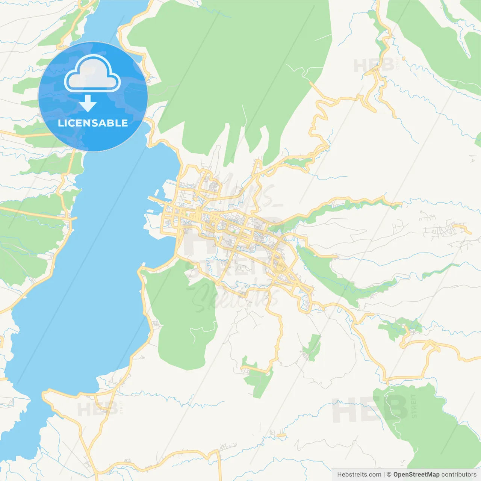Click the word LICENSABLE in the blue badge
93,123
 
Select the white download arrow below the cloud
88,103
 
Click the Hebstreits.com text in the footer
359,475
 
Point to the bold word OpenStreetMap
416,475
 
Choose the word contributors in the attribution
459,475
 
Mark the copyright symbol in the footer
389,475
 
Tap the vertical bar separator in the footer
384,475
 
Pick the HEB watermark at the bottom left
97,409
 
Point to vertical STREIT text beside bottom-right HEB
414,406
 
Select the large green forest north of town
233,68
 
